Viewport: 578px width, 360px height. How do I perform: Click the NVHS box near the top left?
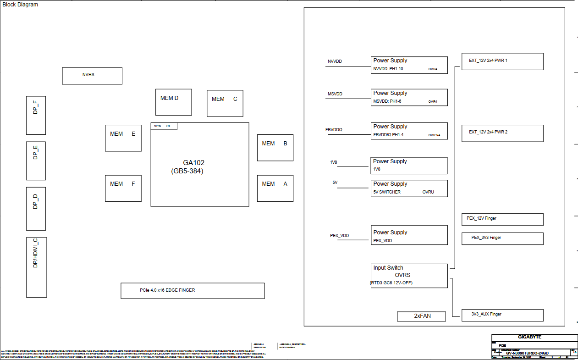92,76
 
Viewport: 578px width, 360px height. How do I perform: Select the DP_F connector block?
36,115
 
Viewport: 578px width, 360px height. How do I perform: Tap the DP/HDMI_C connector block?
36,267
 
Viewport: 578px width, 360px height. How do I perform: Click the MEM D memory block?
173,102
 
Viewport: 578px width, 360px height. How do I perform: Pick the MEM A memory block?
275,188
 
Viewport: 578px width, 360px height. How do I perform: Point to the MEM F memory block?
123,188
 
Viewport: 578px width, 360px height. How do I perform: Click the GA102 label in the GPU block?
193,163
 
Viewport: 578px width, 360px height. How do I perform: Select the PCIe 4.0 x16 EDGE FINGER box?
193,291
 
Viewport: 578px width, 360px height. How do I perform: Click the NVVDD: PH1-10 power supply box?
409,65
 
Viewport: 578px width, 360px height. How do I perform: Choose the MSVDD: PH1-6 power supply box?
409,97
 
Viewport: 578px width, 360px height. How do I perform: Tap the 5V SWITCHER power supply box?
409,188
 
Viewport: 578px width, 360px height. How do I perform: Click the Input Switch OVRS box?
409,276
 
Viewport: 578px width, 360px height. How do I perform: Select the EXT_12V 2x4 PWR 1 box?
502,61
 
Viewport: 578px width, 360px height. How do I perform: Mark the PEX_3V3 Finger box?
502,238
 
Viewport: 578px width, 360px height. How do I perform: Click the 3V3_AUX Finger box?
502,315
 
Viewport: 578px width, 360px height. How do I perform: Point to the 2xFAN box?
421,316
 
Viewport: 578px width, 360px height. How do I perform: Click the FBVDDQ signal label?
334,130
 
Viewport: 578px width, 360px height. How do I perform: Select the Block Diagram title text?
21,5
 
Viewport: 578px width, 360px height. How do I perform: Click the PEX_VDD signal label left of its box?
339,236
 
